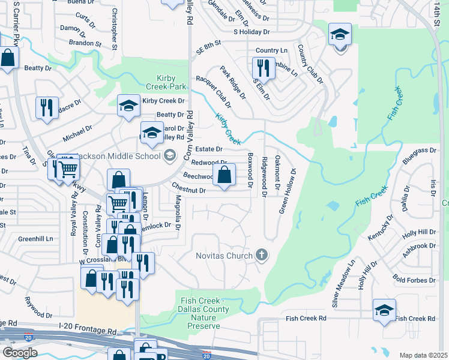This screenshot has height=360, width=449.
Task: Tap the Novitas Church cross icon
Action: point(261,256)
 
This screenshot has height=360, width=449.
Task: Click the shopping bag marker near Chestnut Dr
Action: point(224,176)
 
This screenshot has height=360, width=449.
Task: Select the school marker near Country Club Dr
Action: point(340,36)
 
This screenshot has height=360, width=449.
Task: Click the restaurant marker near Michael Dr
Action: point(47,108)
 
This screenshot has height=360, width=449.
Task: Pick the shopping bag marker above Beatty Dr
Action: point(8,59)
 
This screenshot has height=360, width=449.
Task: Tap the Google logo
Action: point(20,352)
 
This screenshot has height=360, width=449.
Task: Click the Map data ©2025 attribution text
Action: point(423,355)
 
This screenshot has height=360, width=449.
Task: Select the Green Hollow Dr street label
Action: point(287,191)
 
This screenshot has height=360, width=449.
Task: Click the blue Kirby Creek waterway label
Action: point(228,130)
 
